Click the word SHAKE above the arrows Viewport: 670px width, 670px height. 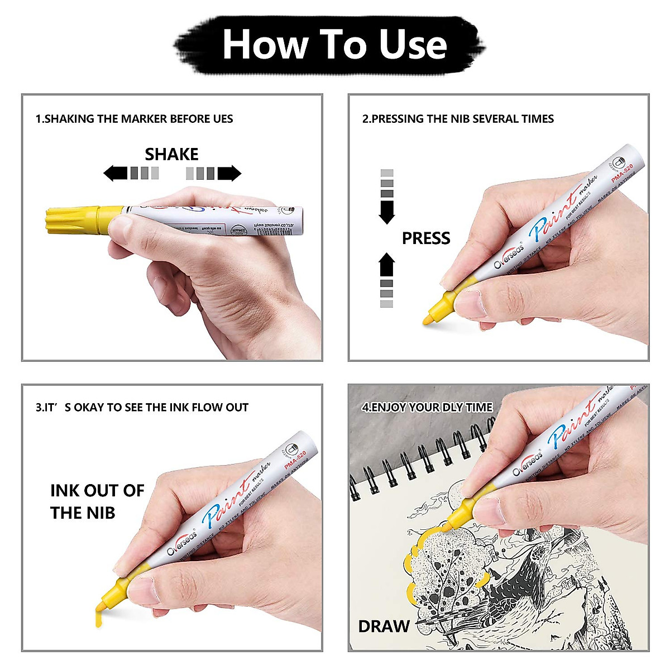tap(171, 154)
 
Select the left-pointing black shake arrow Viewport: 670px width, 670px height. tap(116, 173)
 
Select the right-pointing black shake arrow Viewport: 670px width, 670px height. tap(229, 173)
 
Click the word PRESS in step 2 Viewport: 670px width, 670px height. tap(425, 238)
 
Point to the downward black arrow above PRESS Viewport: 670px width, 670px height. tap(386, 212)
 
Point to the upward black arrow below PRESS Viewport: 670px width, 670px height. tap(386, 265)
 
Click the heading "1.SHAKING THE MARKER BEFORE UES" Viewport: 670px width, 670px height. tap(134, 119)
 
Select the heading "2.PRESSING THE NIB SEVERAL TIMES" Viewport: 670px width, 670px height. tap(458, 119)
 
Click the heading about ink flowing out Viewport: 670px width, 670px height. tap(142, 408)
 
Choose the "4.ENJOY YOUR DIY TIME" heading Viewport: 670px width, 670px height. tap(427, 408)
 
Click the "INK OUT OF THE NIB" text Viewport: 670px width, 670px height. tap(97, 501)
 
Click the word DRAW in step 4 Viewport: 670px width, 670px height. tap(384, 626)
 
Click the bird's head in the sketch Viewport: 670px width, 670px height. tap(539, 553)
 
